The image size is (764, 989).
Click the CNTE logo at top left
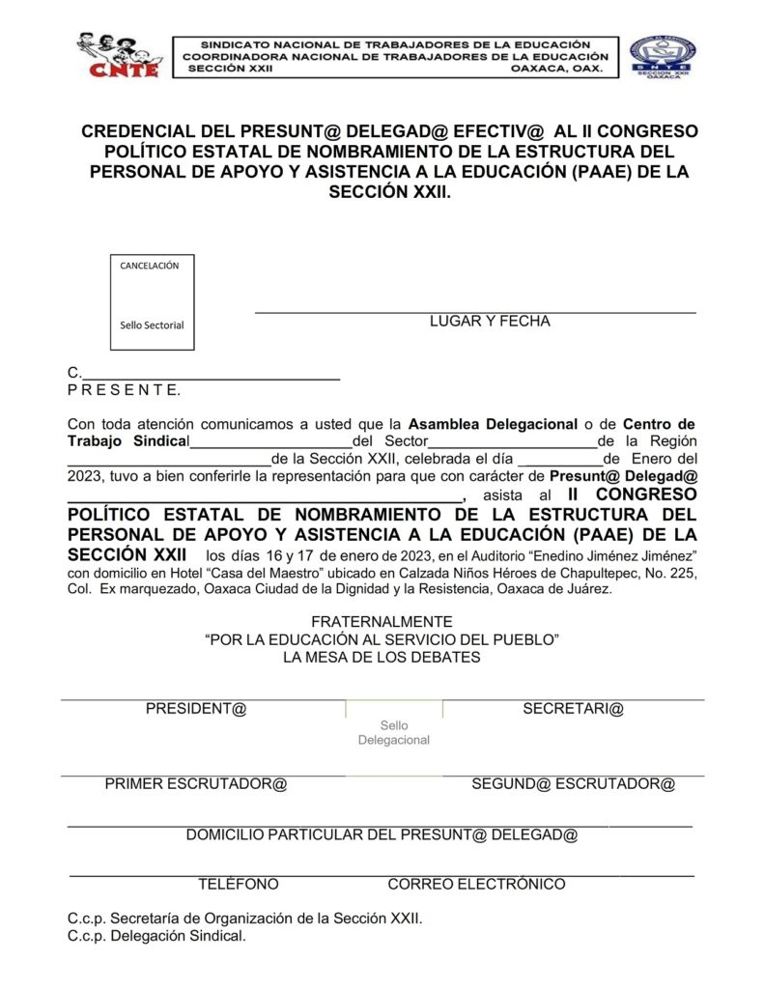tap(117, 56)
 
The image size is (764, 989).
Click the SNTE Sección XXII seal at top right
tap(663, 57)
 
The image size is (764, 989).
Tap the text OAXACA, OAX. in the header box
tap(557, 70)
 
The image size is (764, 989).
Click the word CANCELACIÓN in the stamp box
tap(150, 266)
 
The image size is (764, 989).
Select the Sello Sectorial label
tap(152, 325)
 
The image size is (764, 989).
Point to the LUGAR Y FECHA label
tap(490, 322)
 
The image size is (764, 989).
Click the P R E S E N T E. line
tap(124, 390)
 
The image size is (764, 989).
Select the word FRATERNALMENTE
tap(382, 622)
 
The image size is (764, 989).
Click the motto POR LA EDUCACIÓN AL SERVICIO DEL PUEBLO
tap(382, 639)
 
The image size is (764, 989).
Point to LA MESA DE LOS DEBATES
tap(382, 658)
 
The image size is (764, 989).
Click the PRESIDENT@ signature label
tap(196, 709)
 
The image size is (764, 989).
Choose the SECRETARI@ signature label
tap(573, 709)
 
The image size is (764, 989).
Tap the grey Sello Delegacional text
tap(394, 733)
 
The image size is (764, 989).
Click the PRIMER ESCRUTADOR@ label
tap(196, 784)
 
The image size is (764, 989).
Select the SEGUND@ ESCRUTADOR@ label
tap(573, 784)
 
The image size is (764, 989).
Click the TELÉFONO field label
tap(239, 884)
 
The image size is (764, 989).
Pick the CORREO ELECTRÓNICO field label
tap(476, 884)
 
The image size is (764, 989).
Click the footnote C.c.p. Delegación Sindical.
tap(156, 936)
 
